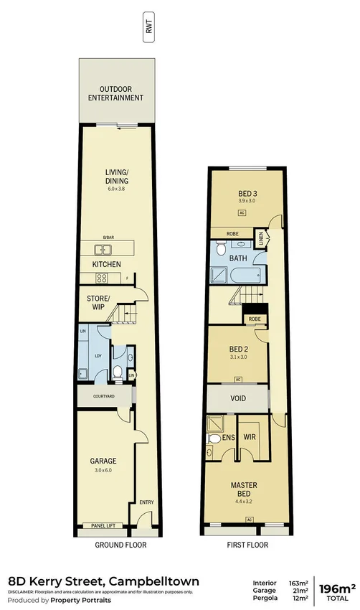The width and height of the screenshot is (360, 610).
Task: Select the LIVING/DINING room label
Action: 116,176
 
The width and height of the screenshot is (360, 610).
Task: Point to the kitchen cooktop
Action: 102,278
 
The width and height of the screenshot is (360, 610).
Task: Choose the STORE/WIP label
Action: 98,303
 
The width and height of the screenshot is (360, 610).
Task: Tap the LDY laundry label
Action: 98,356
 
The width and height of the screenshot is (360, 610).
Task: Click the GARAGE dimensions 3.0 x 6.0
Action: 103,471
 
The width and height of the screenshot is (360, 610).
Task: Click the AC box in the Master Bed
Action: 249,519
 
